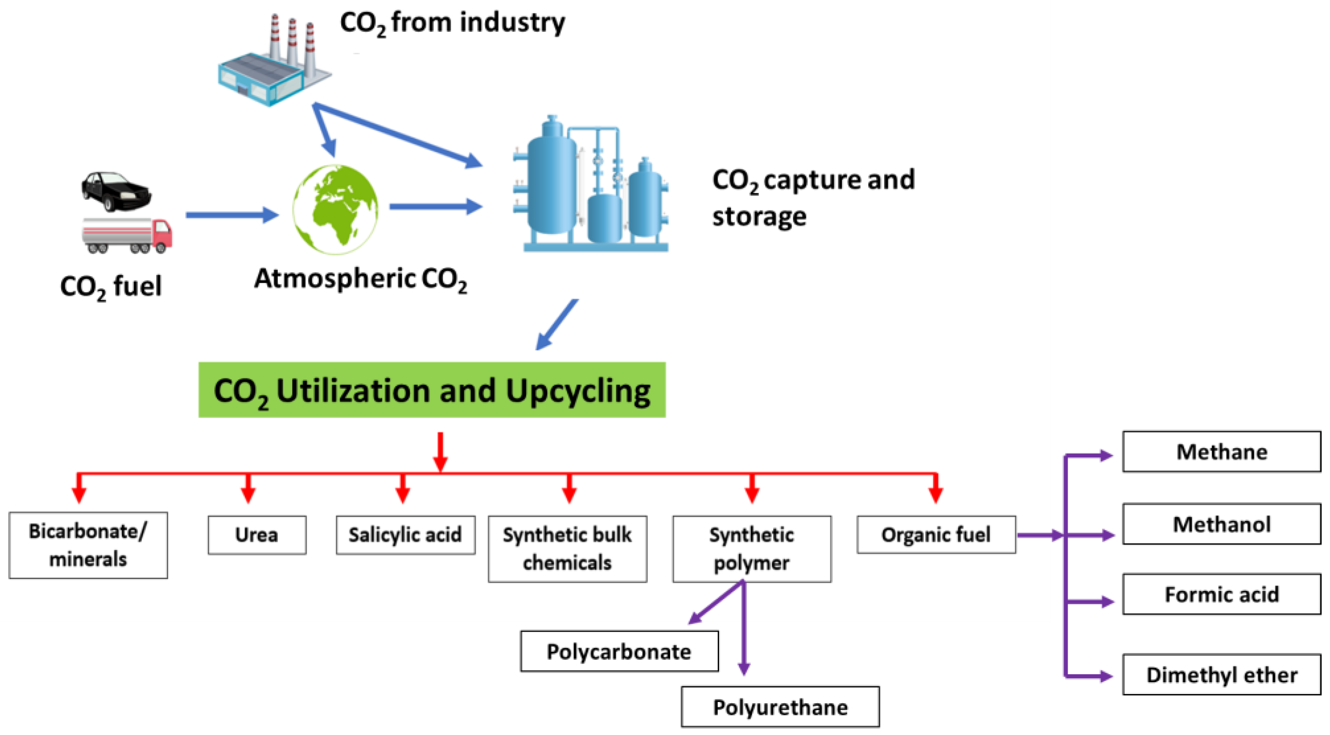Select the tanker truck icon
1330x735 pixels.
point(126,235)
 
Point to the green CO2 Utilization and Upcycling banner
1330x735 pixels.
point(432,390)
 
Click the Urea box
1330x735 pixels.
point(257,535)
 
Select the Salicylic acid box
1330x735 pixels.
point(405,535)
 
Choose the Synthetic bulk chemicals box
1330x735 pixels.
point(567,549)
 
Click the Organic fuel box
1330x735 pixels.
point(936,535)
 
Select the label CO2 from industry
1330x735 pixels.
point(452,23)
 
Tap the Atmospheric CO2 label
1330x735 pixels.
point(360,279)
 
